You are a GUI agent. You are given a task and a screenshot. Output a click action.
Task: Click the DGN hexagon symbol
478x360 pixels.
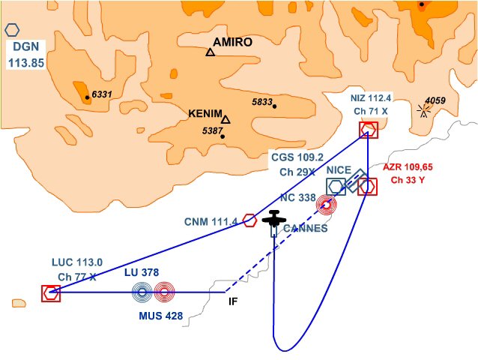point(13,30)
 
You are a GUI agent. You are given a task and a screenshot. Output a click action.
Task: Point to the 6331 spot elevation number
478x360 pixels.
point(101,94)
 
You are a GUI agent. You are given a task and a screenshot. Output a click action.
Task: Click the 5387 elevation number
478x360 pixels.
point(213,131)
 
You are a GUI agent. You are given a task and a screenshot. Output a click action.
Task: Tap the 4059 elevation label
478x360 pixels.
point(435,100)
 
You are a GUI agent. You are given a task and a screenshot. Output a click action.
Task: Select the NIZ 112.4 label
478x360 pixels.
point(371,97)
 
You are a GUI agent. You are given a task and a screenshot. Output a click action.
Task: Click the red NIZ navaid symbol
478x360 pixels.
point(368,130)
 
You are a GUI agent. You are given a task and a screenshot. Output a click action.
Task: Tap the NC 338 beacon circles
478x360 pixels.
point(327,205)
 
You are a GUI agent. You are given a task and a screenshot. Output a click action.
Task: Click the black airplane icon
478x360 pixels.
point(274,220)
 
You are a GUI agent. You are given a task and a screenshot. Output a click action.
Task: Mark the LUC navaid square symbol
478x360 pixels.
point(51,293)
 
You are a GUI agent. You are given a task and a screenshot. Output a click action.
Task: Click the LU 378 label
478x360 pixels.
point(142,272)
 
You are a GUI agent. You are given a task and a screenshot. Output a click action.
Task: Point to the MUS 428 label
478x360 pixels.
point(161,316)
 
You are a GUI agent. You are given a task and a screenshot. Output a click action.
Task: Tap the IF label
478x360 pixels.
point(234,301)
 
